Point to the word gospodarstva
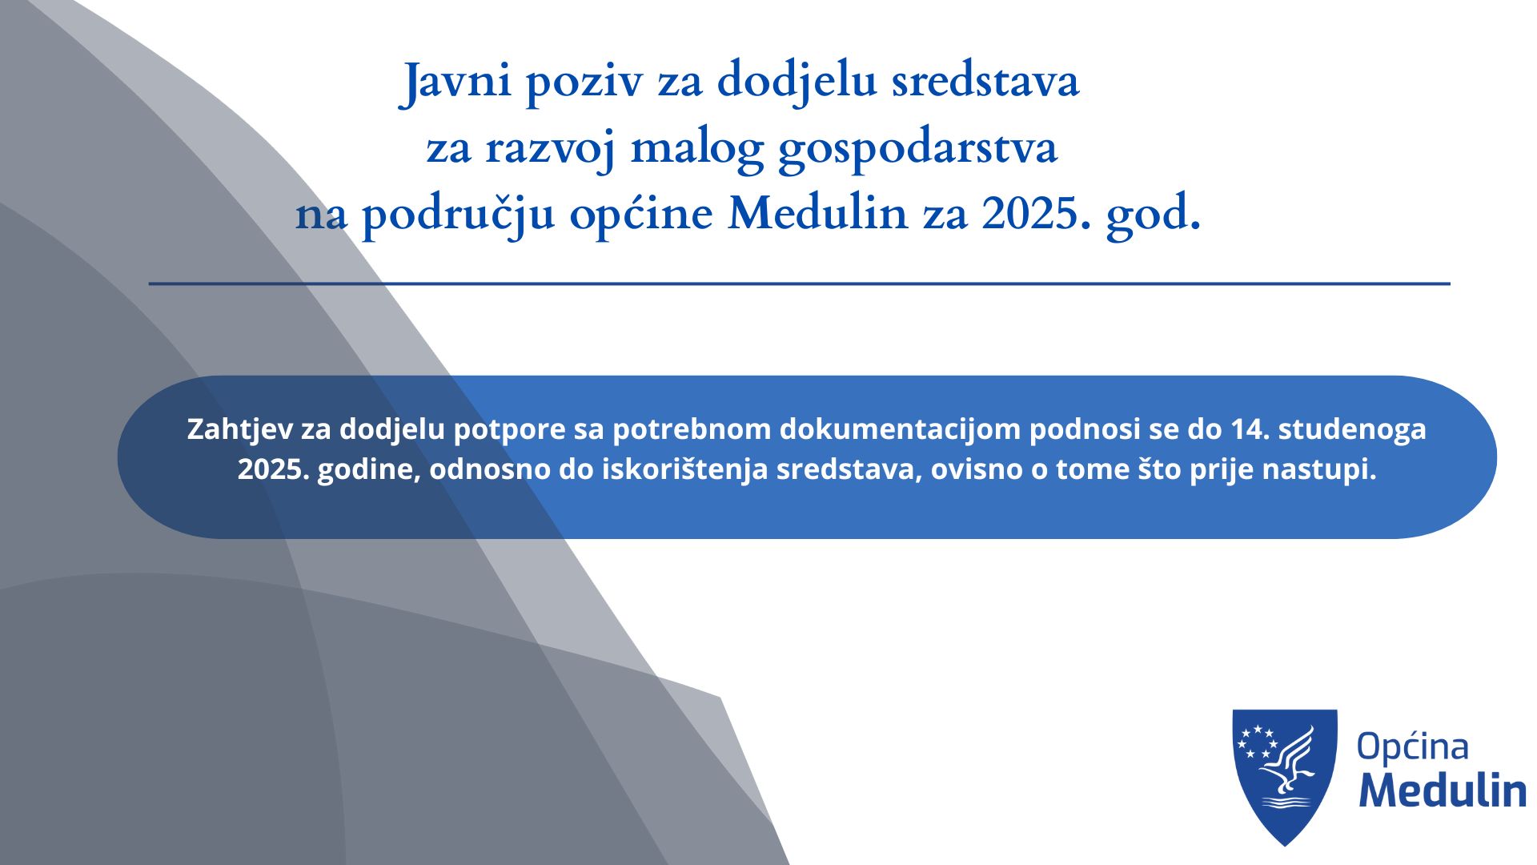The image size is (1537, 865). pyautogui.click(x=917, y=149)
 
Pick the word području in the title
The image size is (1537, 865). pyautogui.click(x=458, y=215)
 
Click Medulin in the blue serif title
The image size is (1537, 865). pyautogui.click(x=817, y=213)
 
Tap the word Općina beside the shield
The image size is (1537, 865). pyautogui.click(x=1413, y=746)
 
